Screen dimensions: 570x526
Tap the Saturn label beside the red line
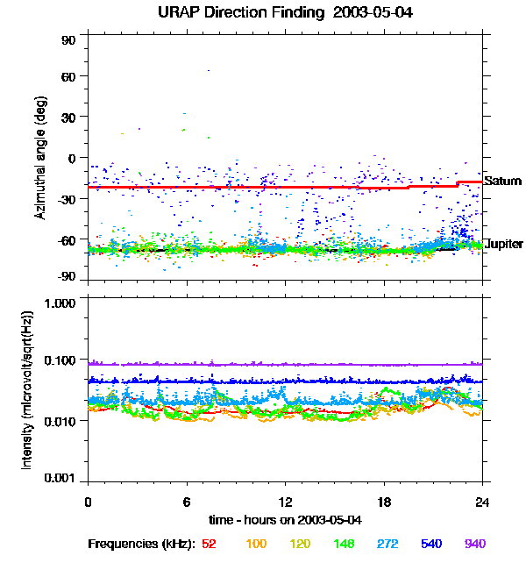click(x=502, y=182)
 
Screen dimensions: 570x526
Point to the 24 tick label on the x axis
click(x=482, y=502)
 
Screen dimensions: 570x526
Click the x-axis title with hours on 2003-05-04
click(x=285, y=520)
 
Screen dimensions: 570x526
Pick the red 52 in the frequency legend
click(x=209, y=545)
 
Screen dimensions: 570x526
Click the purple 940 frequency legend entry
click(x=475, y=545)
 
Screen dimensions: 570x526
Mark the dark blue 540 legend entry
click(x=431, y=545)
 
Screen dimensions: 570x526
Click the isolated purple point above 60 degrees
click(x=208, y=70)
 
